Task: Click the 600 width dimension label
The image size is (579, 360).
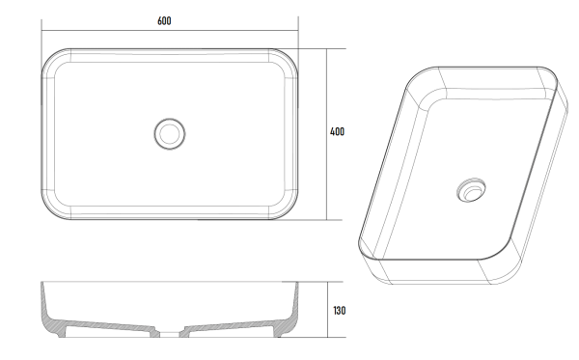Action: tap(165, 21)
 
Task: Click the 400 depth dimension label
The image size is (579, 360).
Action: tap(337, 132)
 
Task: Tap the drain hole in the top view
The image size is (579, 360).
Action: tap(170, 133)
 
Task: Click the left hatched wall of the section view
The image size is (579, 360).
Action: tap(52, 318)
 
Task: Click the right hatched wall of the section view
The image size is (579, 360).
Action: tap(287, 318)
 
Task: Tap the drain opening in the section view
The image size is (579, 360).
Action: tap(170, 334)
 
